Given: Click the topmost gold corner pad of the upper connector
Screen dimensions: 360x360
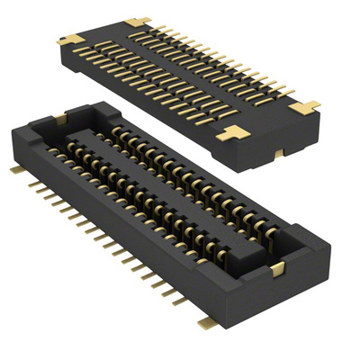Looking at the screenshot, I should click(137, 21).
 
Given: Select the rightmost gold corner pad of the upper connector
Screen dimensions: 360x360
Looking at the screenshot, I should click(307, 105).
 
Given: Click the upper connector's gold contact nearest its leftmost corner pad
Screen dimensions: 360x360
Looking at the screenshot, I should click(85, 45).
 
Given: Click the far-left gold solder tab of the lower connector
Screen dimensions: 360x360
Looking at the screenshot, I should click(15, 168).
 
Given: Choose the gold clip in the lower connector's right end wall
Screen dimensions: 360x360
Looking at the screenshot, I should click(276, 268).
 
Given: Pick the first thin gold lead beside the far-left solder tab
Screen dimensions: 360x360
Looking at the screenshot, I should click(31, 182).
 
